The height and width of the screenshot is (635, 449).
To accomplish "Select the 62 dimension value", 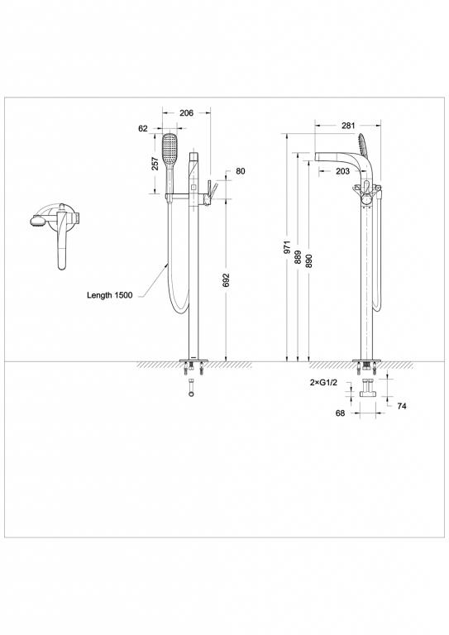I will point(143,128).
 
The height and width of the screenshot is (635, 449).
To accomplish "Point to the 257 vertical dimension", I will point(155,164).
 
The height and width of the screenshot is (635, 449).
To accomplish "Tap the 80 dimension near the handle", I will point(241,171).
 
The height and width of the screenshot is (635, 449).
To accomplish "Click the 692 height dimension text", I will point(226,282).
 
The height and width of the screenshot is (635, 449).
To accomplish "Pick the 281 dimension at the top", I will point(348,126).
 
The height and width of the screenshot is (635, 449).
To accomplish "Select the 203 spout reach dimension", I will point(342,171).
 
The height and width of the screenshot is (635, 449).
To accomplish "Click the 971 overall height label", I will point(286,248).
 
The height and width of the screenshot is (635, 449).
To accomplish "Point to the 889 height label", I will point(298,257).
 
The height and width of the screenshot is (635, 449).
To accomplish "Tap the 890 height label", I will point(308,257).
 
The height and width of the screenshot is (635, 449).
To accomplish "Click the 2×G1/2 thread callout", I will point(323,384).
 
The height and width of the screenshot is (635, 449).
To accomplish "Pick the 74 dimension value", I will point(402,406).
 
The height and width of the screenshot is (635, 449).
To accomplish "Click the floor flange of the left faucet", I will point(195,360).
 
